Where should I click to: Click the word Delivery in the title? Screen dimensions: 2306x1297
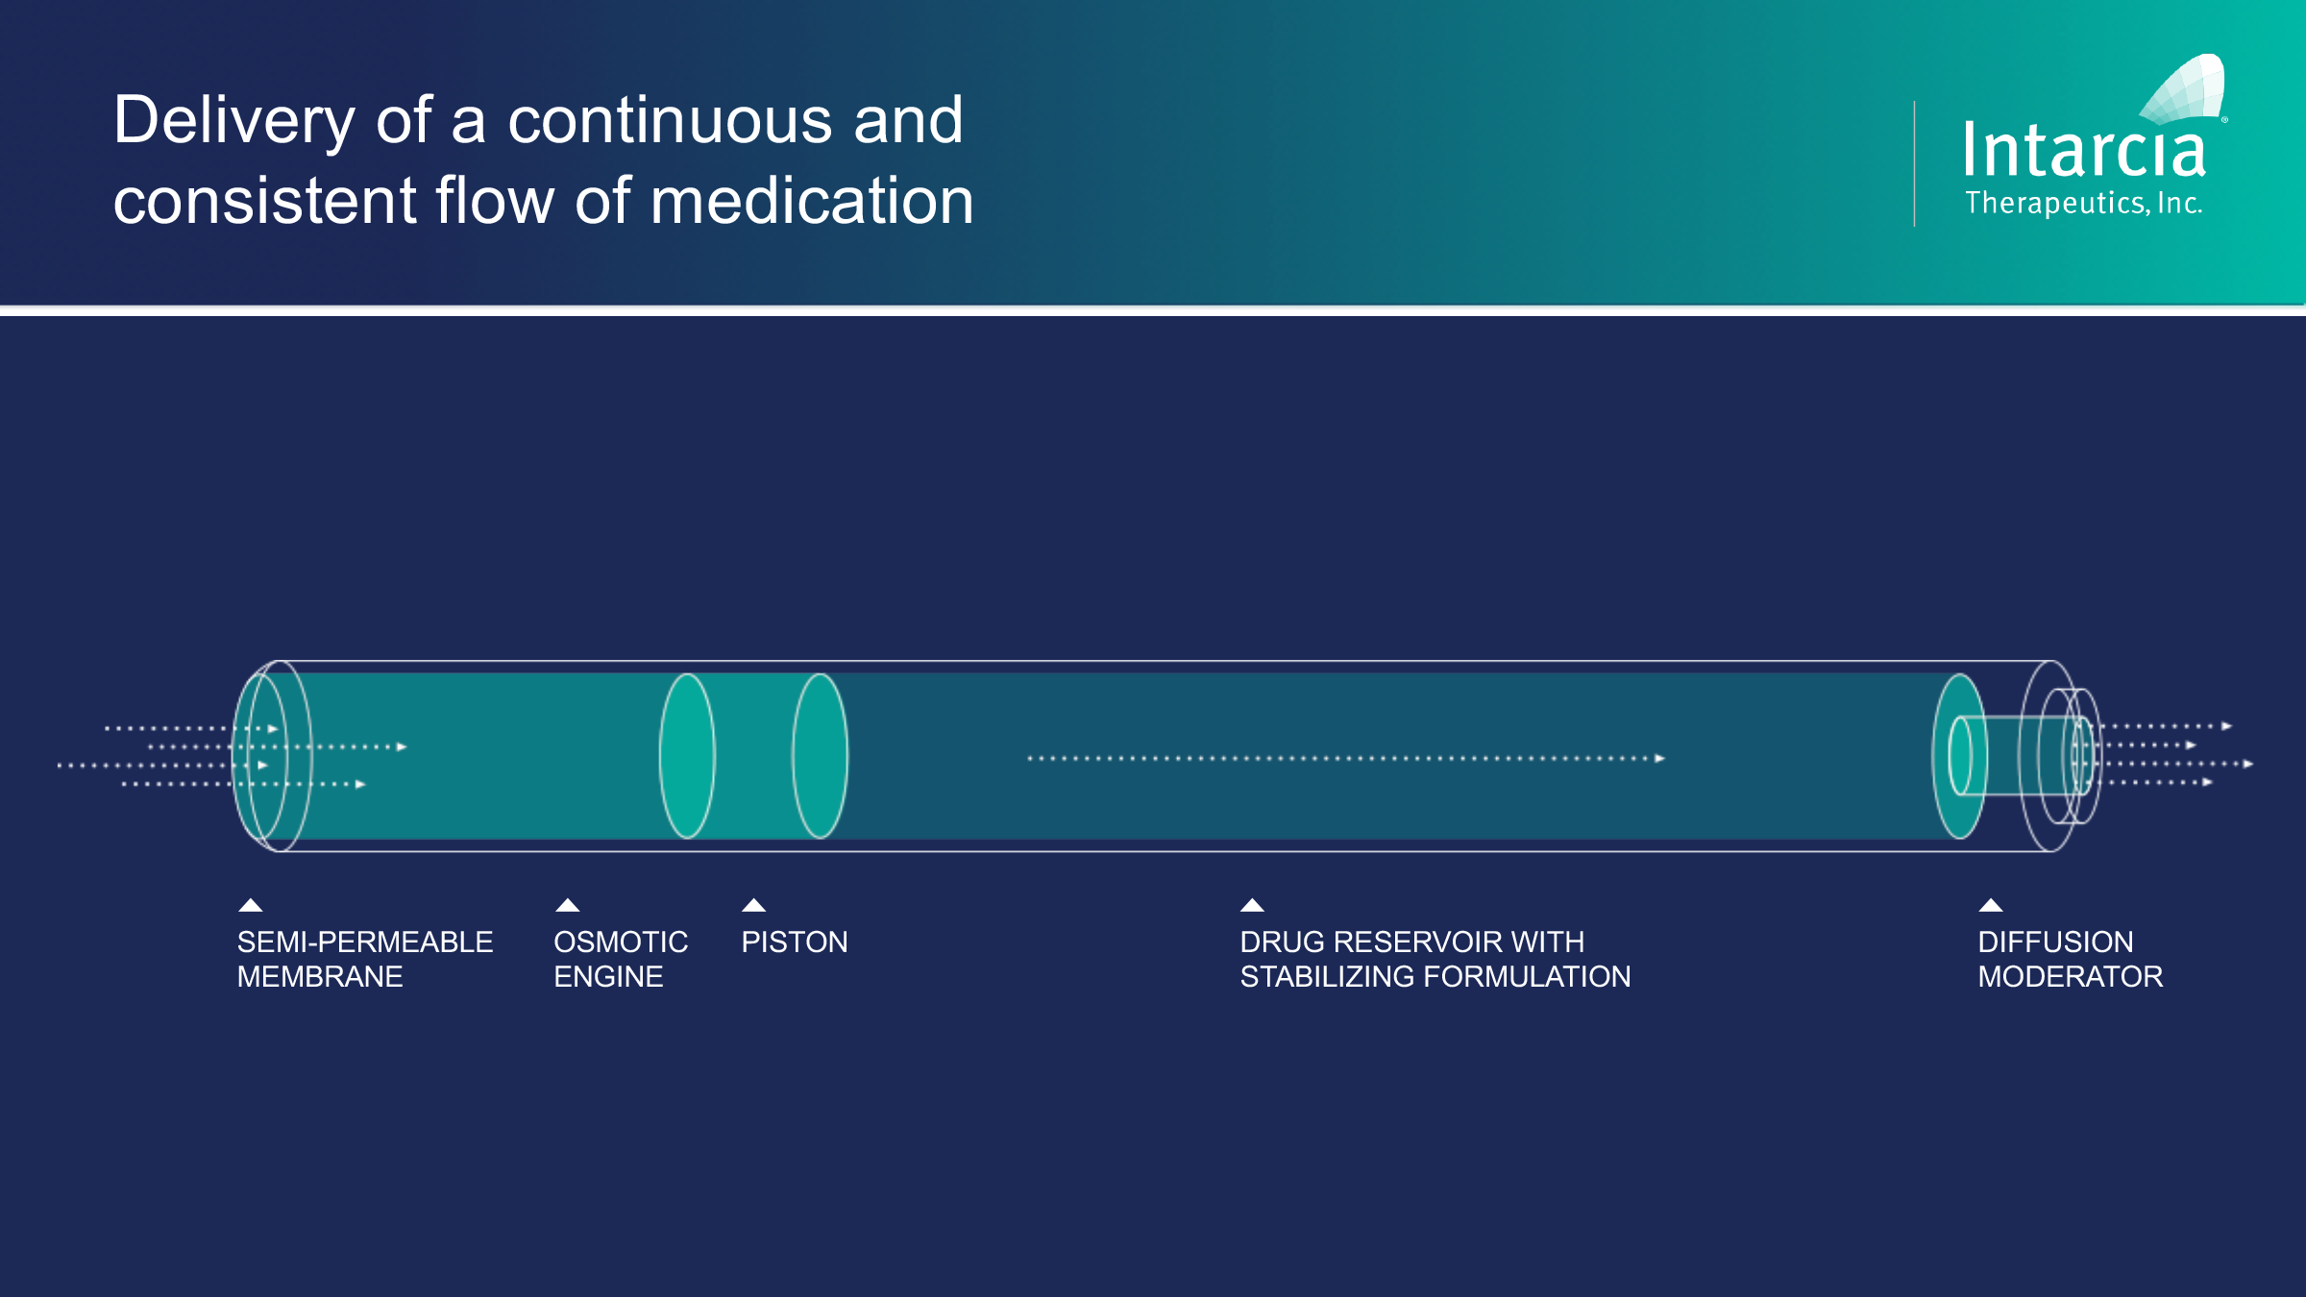[234, 121]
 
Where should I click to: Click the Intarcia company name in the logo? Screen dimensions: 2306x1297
[2083, 151]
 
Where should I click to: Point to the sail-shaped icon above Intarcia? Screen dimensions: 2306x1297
[2183, 89]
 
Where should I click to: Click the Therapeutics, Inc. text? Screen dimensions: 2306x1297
[2083, 203]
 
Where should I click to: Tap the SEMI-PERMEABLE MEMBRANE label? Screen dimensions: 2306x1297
[365, 959]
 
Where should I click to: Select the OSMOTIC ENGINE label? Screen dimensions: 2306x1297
[621, 959]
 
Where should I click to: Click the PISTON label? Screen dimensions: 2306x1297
[795, 942]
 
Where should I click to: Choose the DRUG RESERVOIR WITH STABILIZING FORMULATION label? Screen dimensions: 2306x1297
[1435, 959]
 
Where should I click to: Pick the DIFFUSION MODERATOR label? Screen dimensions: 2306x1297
[2071, 959]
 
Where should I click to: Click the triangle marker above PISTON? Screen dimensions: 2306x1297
[754, 905]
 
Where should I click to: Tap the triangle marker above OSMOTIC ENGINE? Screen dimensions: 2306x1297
[568, 905]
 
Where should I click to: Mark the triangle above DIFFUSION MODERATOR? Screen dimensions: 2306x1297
[1991, 905]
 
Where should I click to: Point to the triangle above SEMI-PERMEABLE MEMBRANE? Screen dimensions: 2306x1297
[251, 905]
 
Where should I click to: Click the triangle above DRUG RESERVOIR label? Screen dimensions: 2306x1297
[1252, 905]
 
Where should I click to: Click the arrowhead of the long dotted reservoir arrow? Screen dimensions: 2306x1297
[1660, 758]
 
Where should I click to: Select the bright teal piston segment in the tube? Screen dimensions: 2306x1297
[753, 756]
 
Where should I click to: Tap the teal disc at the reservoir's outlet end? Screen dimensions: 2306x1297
[1958, 756]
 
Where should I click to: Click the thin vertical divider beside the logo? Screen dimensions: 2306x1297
[1914, 163]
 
